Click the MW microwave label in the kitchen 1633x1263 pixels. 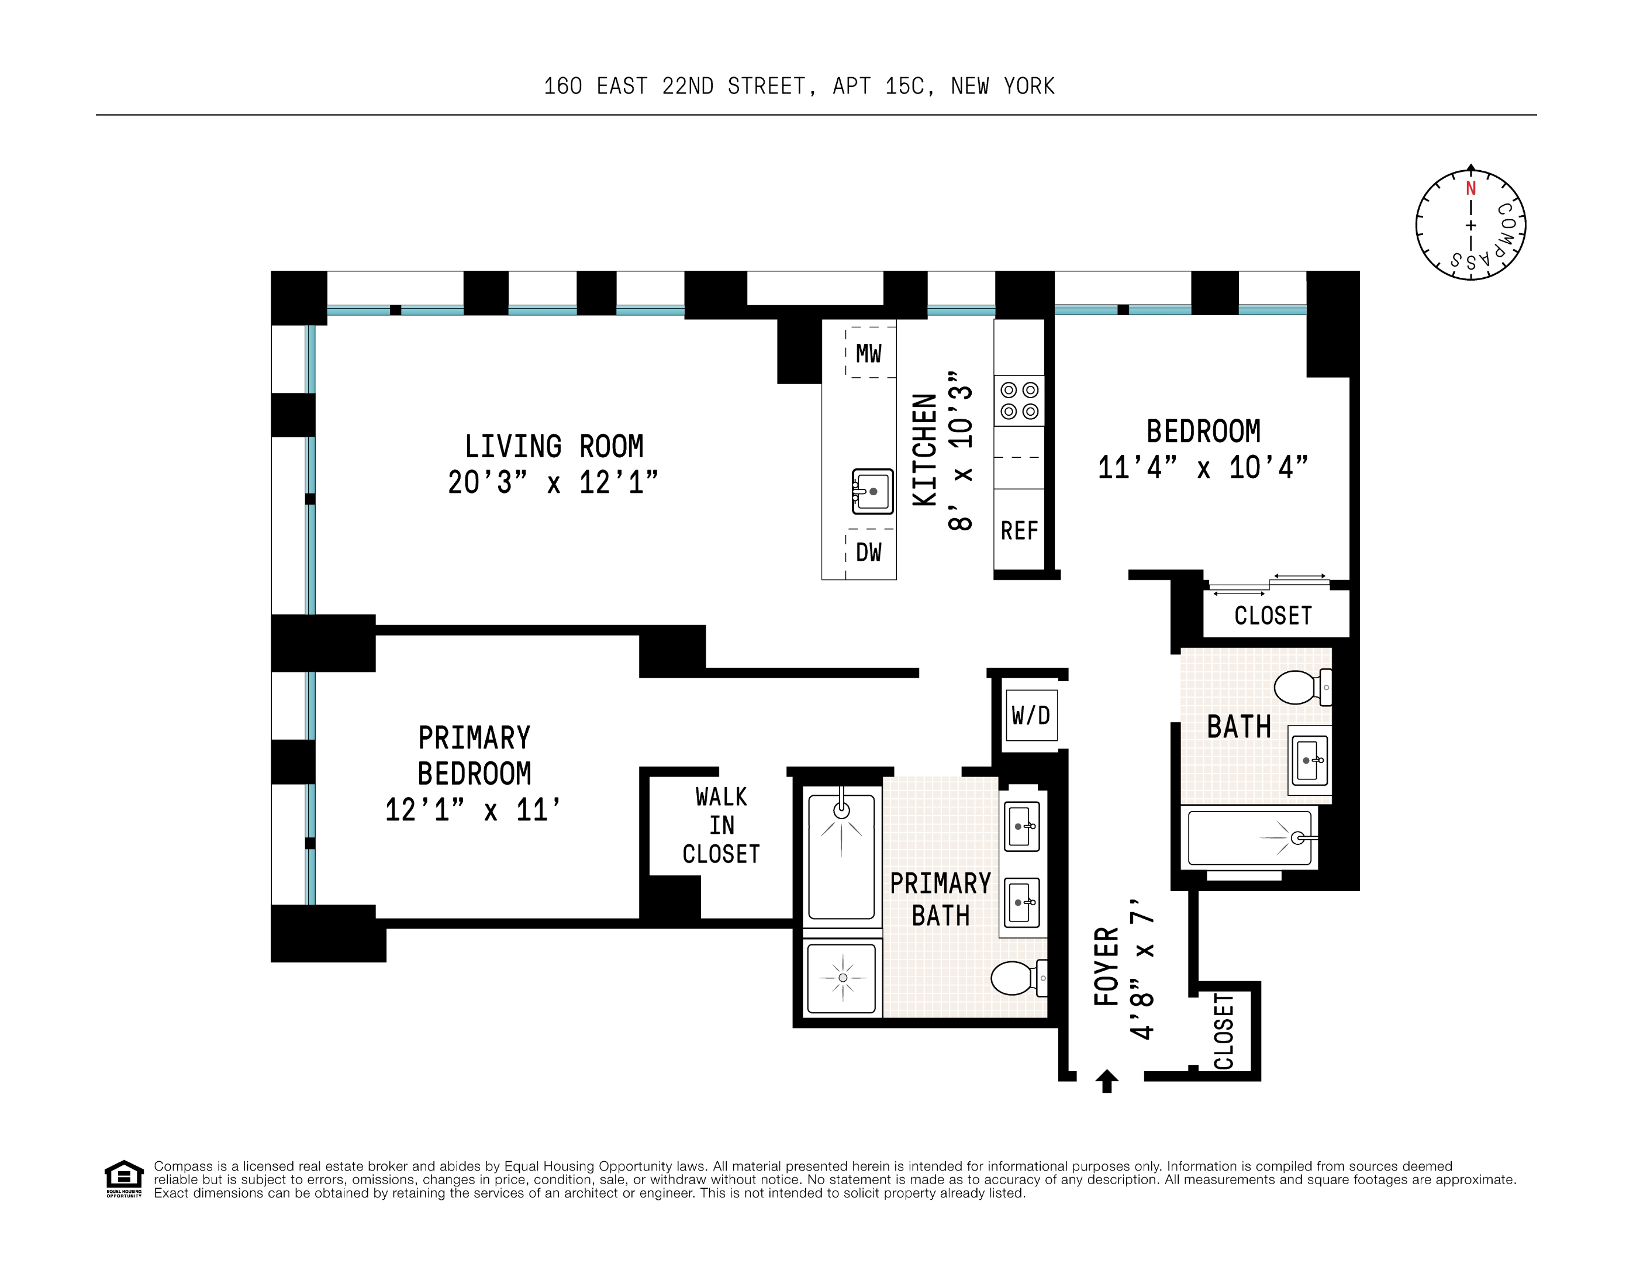[868, 354]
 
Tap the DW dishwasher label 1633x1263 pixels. [868, 553]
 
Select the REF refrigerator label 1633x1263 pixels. [1019, 531]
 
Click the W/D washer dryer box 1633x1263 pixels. [1031, 716]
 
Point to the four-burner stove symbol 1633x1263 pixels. [1019, 401]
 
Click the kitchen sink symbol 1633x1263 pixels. [872, 491]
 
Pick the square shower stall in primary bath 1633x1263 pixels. [843, 977]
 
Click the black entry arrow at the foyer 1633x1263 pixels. [1107, 1081]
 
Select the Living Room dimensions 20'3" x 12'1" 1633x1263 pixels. [553, 482]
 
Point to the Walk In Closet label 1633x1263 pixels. [721, 826]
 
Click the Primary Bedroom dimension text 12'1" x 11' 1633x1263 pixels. [472, 810]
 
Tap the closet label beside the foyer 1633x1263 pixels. [1224, 1031]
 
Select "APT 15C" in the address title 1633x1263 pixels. [883, 87]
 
